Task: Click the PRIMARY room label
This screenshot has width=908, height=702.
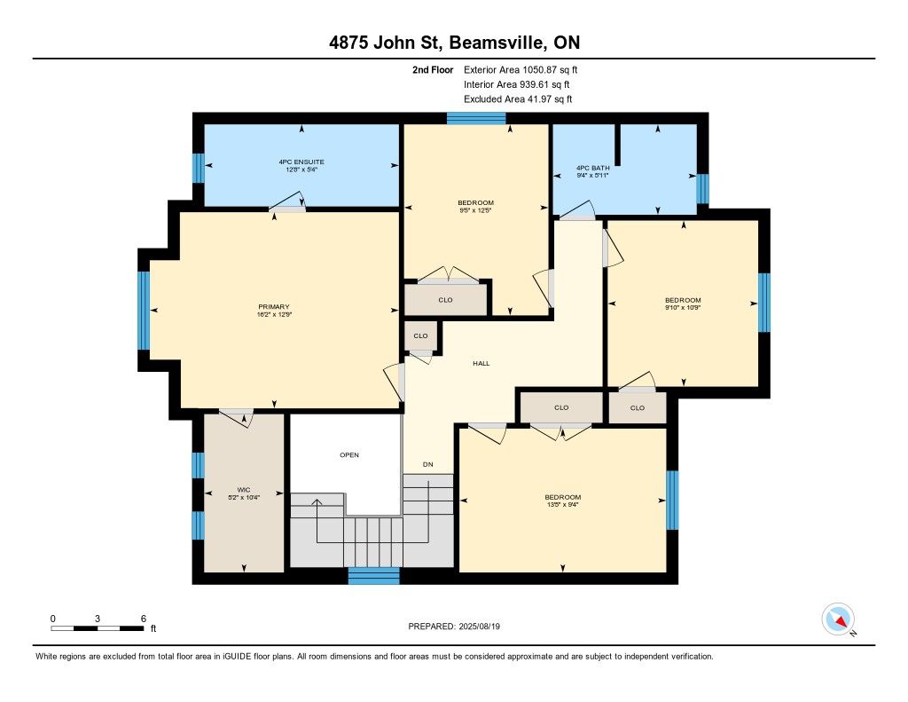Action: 274,307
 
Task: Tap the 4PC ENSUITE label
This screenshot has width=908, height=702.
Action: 301,162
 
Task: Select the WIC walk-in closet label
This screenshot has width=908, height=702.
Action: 244,490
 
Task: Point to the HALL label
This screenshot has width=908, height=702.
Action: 481,364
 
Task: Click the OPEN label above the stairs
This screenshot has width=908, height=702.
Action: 349,455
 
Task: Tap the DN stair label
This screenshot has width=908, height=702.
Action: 428,464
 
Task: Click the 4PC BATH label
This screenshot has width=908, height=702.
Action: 593,168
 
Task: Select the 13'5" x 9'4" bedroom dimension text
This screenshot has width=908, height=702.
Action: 563,505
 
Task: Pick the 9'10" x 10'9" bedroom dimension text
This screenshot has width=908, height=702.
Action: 684,308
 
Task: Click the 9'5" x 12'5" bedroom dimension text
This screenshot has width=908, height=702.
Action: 476,210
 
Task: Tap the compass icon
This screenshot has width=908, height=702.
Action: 838,619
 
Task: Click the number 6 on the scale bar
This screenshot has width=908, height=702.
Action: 144,619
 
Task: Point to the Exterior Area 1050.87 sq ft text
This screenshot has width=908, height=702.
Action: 521,70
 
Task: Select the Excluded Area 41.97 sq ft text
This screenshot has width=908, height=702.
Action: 518,99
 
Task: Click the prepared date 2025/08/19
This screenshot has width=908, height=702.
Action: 480,627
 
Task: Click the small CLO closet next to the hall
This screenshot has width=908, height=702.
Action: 421,335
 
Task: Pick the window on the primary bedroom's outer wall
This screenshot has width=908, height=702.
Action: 144,311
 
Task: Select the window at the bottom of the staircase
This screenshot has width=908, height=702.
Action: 373,576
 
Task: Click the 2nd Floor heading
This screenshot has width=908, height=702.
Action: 433,70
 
